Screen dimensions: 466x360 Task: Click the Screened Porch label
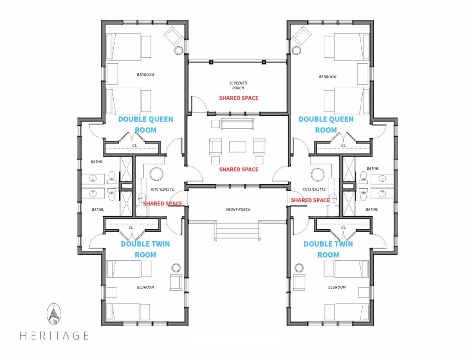click(x=238, y=86)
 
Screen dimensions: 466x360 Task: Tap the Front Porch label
click(x=238, y=209)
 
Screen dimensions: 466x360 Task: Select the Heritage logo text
click(x=54, y=335)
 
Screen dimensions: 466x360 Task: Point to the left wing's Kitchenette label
click(x=162, y=189)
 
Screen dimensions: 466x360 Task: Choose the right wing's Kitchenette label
click(x=314, y=189)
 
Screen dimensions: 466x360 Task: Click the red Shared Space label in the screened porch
click(x=238, y=98)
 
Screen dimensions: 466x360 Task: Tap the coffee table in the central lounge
click(x=238, y=147)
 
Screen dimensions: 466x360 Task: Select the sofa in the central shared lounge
click(x=237, y=124)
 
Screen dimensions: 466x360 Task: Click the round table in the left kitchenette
click(x=156, y=174)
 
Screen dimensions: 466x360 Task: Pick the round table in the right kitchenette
click(x=317, y=174)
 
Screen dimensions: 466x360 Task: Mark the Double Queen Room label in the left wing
click(x=146, y=125)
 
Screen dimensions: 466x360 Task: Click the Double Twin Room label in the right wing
click(x=328, y=249)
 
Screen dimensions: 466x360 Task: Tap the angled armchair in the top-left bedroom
click(x=174, y=36)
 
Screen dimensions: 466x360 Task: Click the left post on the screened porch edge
click(x=211, y=62)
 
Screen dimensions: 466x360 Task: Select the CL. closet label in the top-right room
click(x=344, y=145)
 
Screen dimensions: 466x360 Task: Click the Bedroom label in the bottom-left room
click(x=146, y=287)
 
